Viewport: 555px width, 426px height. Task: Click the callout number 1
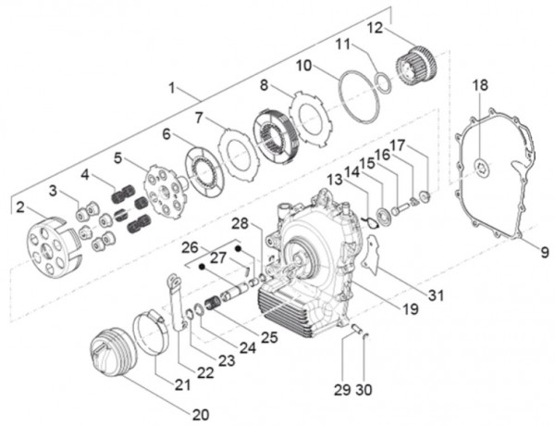coord(171,88)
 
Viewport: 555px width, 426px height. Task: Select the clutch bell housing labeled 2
coord(50,244)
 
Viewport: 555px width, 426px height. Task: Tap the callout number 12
coord(373,29)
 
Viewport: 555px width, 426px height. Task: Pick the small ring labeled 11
coord(383,82)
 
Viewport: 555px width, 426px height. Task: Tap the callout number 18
coord(479,85)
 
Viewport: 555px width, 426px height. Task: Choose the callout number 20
coord(201,413)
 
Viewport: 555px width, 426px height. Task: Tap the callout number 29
coord(341,390)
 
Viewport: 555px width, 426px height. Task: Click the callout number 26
coord(189,248)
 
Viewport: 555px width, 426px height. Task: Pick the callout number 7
coord(198,118)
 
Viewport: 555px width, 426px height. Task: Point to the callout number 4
coord(85,173)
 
